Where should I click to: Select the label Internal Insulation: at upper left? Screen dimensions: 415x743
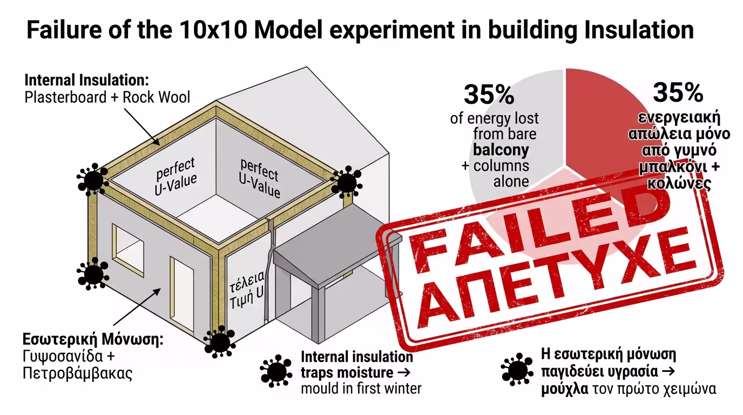[86, 81]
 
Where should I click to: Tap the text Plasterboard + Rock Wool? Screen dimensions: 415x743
[107, 97]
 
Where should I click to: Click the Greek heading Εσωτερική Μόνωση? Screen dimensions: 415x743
[92, 341]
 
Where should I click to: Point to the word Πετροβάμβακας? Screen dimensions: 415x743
[78, 373]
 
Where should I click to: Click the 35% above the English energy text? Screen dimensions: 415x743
[489, 95]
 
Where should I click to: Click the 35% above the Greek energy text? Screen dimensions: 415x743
[678, 92]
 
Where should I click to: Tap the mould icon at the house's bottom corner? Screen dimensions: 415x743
[219, 342]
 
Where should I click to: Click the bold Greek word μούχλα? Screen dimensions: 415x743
[565, 389]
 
